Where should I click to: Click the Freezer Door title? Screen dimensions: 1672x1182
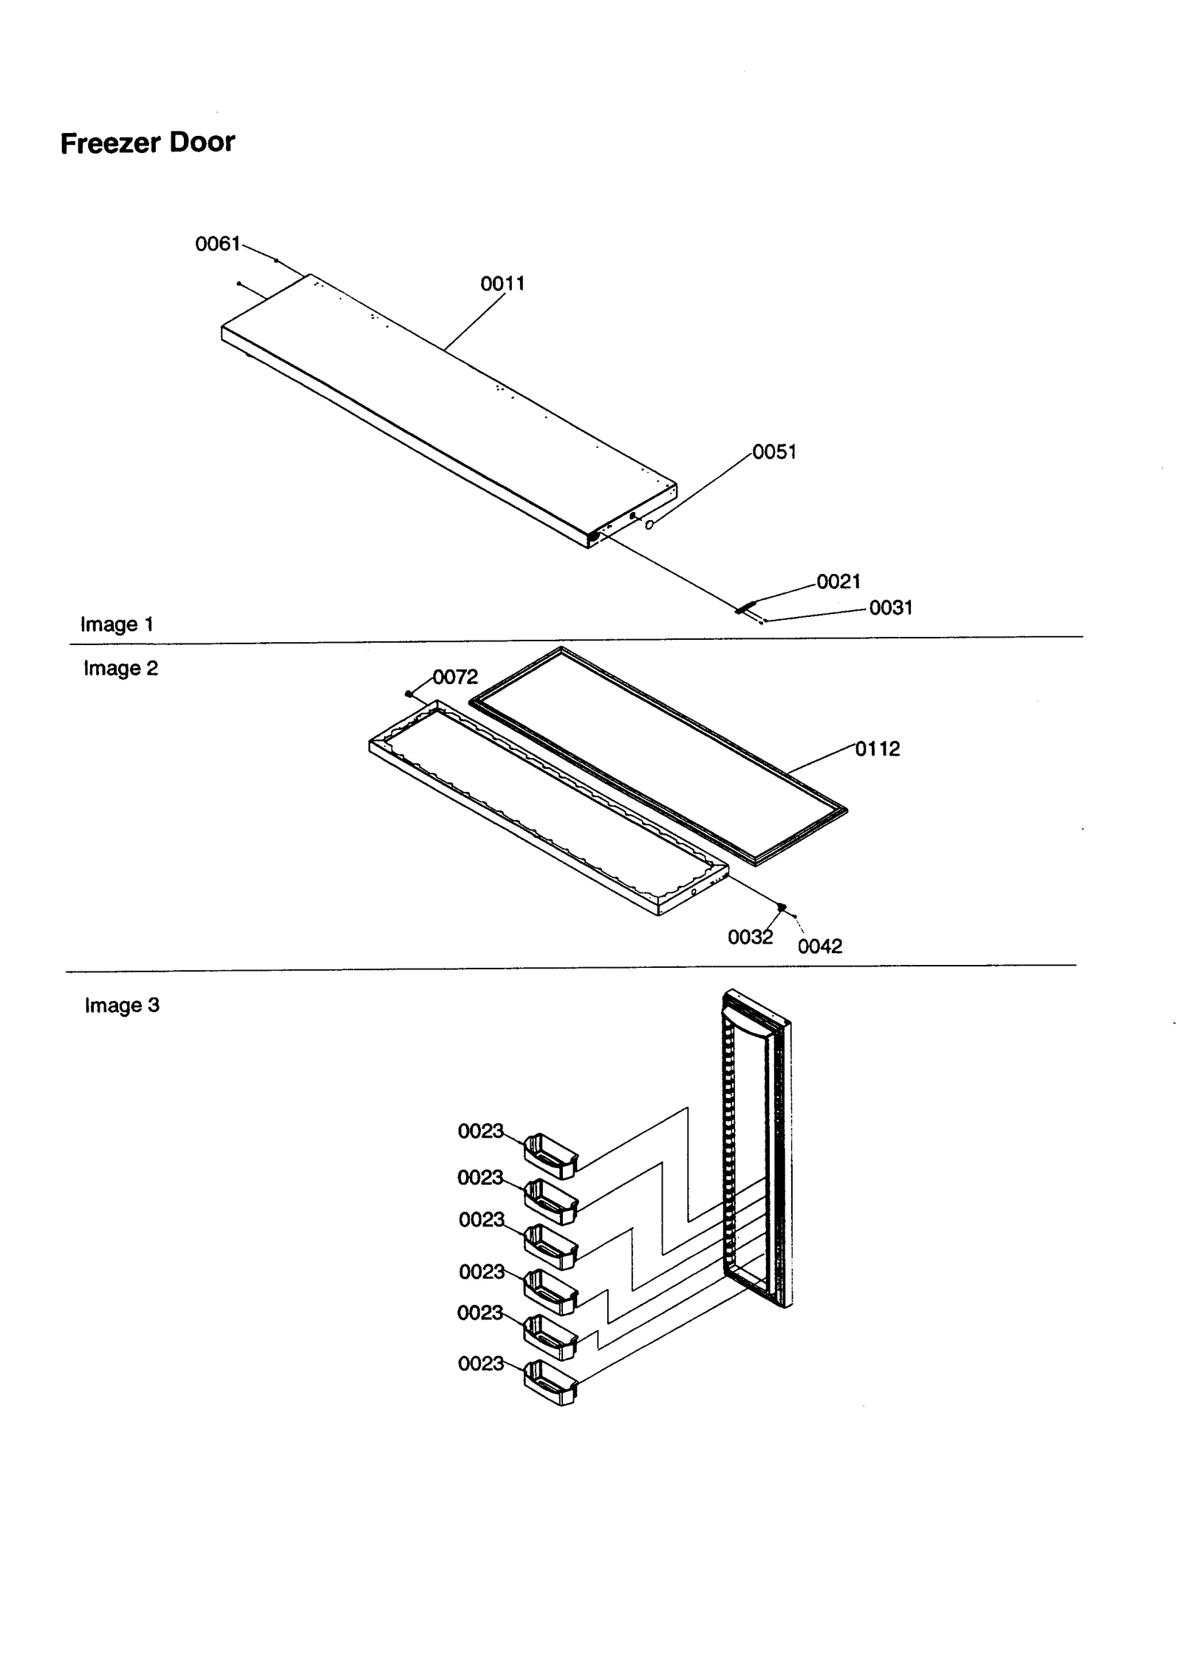(x=147, y=142)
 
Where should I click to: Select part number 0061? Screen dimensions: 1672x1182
(x=217, y=243)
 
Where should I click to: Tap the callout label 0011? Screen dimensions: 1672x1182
(x=502, y=283)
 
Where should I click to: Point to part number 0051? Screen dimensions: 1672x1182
(x=774, y=451)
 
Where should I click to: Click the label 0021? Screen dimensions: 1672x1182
(x=838, y=581)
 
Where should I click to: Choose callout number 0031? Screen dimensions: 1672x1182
(x=890, y=607)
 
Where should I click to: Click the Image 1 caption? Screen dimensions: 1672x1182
(x=117, y=624)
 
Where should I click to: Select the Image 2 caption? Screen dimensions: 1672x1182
(x=120, y=668)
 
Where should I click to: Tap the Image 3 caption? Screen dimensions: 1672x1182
(x=122, y=1005)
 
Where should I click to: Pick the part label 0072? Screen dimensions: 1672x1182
(x=455, y=677)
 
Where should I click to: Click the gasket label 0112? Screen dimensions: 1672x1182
(x=878, y=748)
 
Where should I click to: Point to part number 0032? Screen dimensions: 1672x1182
(x=750, y=937)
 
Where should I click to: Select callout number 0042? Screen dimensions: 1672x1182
(x=819, y=946)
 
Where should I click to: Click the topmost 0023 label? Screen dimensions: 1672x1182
(x=480, y=1130)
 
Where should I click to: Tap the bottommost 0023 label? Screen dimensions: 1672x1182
(x=480, y=1363)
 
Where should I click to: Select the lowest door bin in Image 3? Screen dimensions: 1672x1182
(x=550, y=1382)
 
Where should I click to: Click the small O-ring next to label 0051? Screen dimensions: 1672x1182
(x=649, y=525)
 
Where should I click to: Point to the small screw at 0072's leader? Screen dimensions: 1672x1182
(x=409, y=693)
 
